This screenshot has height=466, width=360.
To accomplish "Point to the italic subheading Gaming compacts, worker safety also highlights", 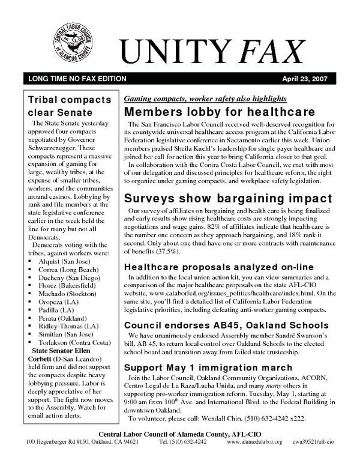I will [205, 98].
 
